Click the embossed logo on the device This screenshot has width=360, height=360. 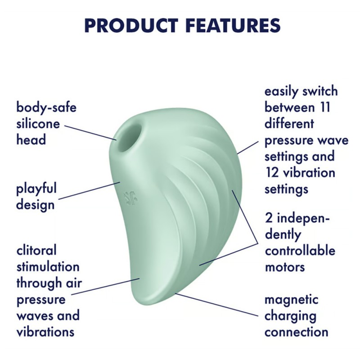coord(131,197)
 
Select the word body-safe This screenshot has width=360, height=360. coord(46,108)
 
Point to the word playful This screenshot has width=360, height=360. coord(36,188)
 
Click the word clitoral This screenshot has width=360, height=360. coord(36,250)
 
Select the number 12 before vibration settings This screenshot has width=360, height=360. coord(275,172)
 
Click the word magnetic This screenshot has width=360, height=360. coord(291,300)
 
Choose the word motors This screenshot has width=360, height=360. coord(284,266)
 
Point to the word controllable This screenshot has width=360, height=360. coord(300,250)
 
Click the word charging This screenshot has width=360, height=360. coord(290,316)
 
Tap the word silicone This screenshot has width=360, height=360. coord(38,124)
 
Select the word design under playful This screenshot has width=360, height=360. coord(35,205)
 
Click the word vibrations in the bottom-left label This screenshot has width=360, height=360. coord(45,332)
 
